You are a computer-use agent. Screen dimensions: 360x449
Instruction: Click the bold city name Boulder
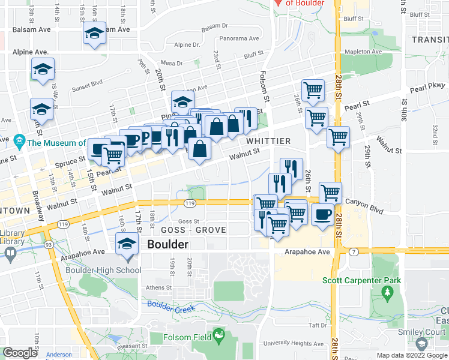pos(167,245)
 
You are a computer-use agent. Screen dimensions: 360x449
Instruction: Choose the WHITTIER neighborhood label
pos(268,141)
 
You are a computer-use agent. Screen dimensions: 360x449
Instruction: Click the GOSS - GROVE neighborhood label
pos(193,230)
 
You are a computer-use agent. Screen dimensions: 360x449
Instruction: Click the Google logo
pos(20,353)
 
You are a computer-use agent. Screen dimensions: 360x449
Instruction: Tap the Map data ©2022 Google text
pos(412,355)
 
